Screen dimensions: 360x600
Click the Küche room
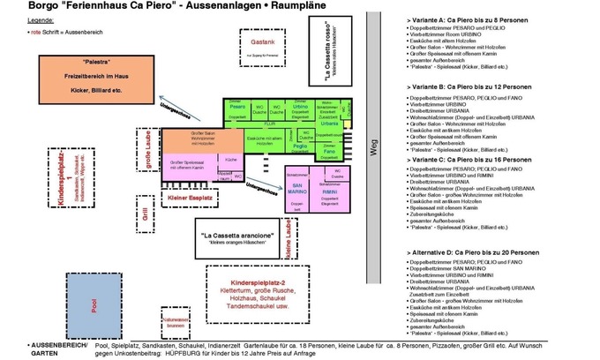(x=231, y=158)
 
